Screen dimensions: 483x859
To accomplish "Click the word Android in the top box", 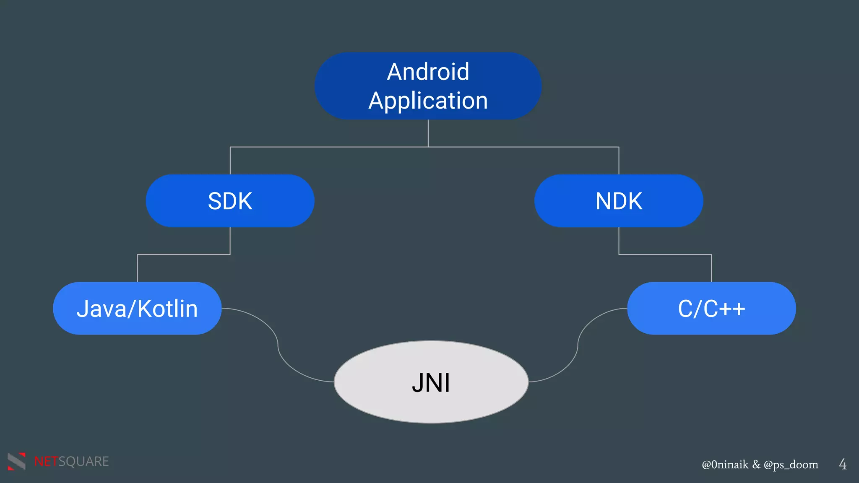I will click(428, 72).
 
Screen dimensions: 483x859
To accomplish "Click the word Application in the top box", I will click(428, 101).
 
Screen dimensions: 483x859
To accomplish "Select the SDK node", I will click(230, 201).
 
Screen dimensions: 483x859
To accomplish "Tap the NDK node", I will click(619, 201).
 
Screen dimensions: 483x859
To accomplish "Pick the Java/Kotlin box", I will click(137, 309).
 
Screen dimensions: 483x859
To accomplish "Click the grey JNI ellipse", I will click(431, 382).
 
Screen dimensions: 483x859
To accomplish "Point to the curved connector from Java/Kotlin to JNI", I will click(277, 345).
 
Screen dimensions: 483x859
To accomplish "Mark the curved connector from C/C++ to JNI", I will click(578, 345).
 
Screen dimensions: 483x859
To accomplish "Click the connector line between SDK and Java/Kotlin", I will click(184, 254).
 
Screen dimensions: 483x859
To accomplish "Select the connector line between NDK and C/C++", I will click(665, 254).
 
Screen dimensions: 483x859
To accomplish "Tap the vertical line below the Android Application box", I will click(428, 133).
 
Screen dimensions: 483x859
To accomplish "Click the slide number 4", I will click(842, 464).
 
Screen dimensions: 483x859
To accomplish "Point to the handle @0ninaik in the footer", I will click(725, 465).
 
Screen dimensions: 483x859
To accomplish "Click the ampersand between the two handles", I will click(756, 465).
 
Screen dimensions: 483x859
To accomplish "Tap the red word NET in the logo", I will click(46, 462).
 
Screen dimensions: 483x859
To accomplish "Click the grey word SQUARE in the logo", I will click(83, 462).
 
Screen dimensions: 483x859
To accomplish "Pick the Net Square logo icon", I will click(17, 461).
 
